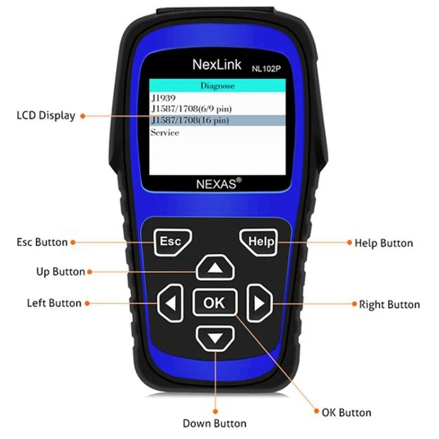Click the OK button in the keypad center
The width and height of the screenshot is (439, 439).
point(214,303)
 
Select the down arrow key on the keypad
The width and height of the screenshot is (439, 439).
point(214,338)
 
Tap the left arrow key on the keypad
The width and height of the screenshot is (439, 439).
point(170,303)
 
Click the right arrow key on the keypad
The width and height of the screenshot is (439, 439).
point(259,303)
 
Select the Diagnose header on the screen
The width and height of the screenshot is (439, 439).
point(217,85)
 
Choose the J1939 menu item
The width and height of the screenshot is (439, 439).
point(163,98)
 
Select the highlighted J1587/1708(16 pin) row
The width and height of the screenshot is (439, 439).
point(217,120)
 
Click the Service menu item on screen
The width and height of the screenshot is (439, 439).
point(165,132)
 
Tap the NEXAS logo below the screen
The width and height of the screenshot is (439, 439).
point(217,183)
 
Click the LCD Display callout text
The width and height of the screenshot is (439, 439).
point(46,115)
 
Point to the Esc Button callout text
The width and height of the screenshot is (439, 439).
point(42,242)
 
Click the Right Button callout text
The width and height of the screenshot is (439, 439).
point(389,304)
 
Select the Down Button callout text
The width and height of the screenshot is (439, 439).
point(214,423)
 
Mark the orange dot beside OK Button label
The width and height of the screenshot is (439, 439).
point(317,411)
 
